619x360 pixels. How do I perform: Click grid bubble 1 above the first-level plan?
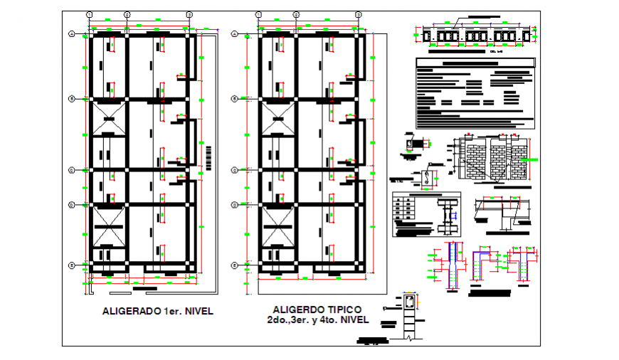point(89,14)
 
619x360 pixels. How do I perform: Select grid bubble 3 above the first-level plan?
point(189,14)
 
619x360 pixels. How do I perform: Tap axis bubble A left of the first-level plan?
point(72,34)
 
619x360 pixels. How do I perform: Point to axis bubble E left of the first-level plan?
point(72,265)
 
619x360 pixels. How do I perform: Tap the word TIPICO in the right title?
point(341,309)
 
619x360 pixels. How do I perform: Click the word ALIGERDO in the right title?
point(296,309)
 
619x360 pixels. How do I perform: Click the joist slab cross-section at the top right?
point(475,35)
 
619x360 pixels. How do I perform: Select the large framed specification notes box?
point(474,93)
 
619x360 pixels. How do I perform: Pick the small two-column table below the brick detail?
point(403,209)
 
